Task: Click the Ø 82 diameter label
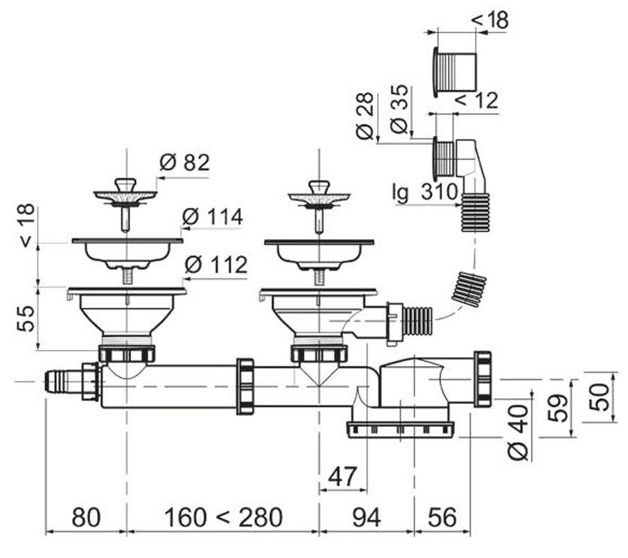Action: click(184, 163)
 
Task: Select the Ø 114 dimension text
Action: click(212, 217)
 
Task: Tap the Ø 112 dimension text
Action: click(216, 265)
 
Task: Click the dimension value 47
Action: click(342, 476)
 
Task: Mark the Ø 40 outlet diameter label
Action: click(518, 432)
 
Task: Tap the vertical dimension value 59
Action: click(558, 408)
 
